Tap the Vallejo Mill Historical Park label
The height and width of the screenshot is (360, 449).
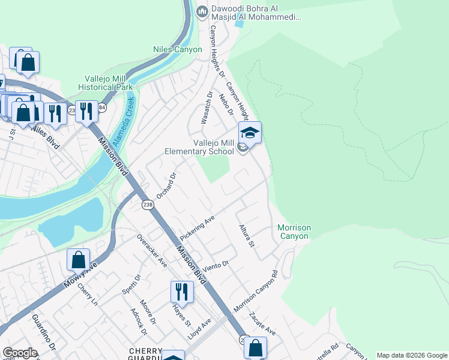pyautogui.click(x=108, y=82)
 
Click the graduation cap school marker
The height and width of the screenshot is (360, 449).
pyautogui.click(x=250, y=133)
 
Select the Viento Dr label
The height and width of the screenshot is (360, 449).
pyautogui.click(x=217, y=266)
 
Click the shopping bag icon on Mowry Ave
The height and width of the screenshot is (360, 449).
pyautogui.click(x=78, y=259)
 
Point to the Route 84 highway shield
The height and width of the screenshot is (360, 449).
pyautogui.click(x=102, y=107)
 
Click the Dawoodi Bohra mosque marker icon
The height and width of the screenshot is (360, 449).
pyautogui.click(x=202, y=11)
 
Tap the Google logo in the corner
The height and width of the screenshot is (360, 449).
pyautogui.click(x=20, y=352)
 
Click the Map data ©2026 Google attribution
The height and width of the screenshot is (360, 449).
pyautogui.click(x=412, y=355)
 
